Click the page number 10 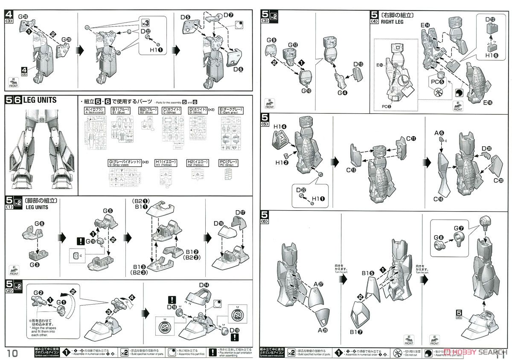[13, 352]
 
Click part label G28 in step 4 [24, 17]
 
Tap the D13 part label [358, 64]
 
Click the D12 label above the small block [490, 19]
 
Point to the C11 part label [411, 139]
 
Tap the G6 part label [39, 223]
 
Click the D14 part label [204, 285]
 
